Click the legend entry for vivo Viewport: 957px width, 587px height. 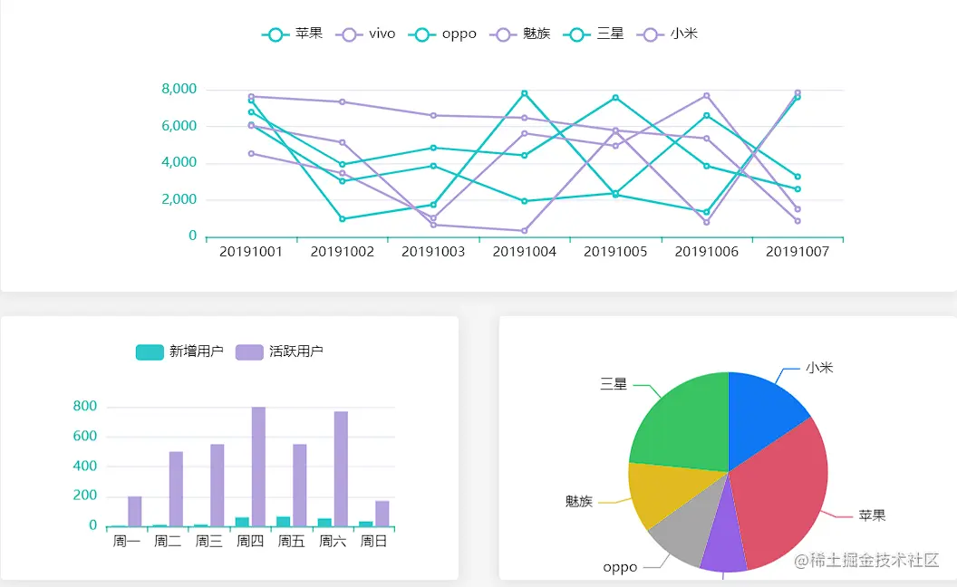(x=367, y=34)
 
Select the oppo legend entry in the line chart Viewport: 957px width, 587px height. (x=443, y=34)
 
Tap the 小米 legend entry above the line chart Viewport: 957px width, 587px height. (x=670, y=34)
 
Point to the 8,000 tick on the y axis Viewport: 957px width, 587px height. (x=179, y=89)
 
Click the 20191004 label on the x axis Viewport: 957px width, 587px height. (x=525, y=252)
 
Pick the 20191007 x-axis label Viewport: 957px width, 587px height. (x=797, y=252)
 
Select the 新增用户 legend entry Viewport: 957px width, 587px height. (x=179, y=351)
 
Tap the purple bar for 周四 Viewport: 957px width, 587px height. (x=258, y=467)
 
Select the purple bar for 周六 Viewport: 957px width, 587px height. (x=341, y=468)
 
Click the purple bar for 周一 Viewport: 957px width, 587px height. (x=135, y=511)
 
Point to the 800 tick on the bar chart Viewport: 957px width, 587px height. (x=85, y=407)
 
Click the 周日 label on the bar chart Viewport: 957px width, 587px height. (x=374, y=542)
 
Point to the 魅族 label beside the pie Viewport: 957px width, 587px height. (x=578, y=501)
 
